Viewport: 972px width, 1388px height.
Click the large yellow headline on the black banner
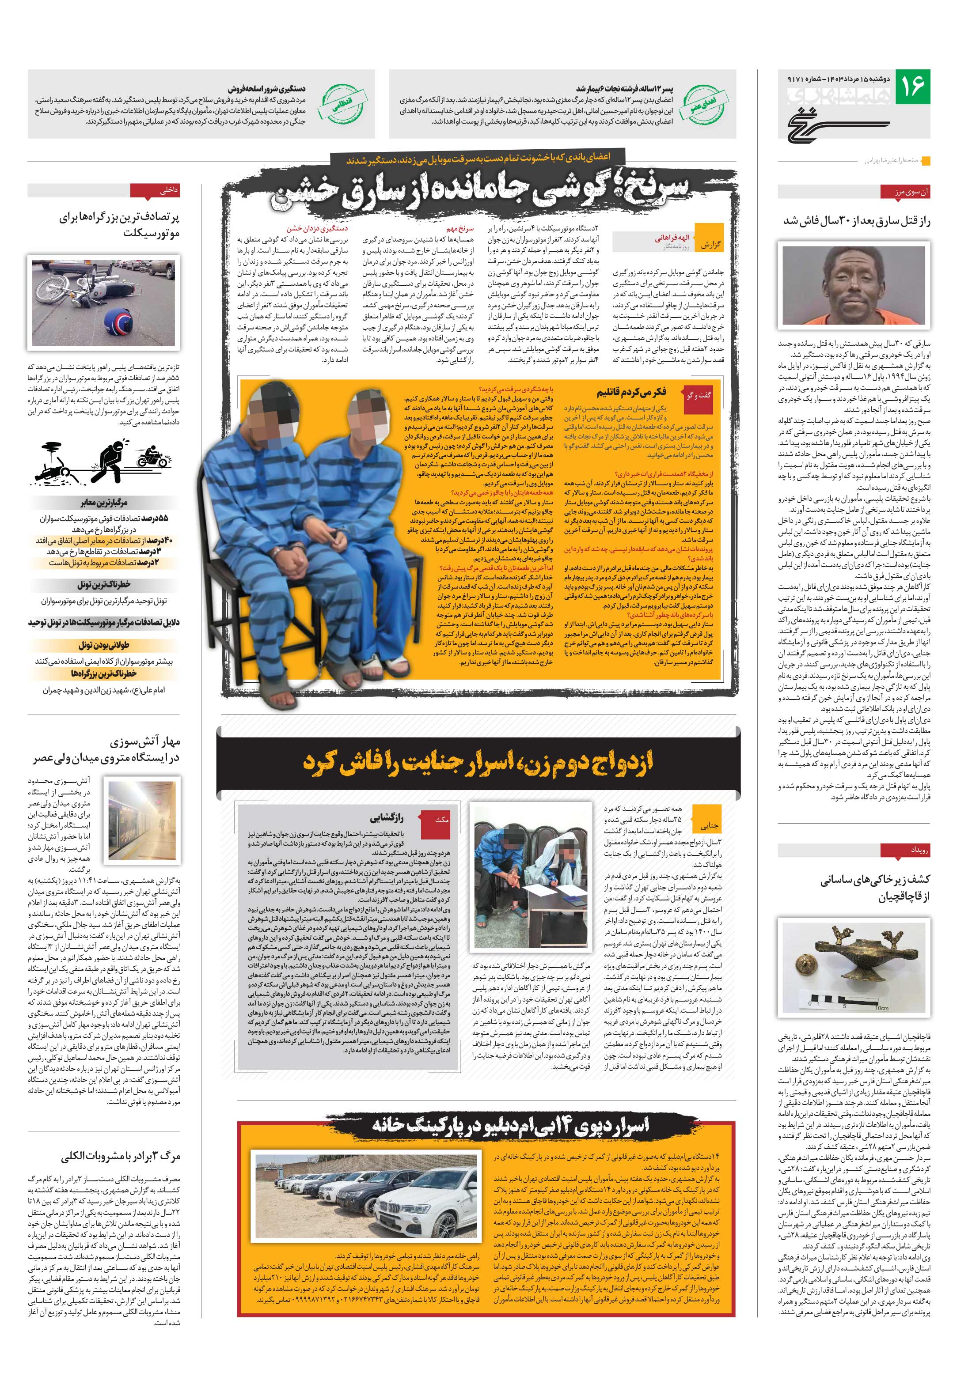(x=478, y=763)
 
